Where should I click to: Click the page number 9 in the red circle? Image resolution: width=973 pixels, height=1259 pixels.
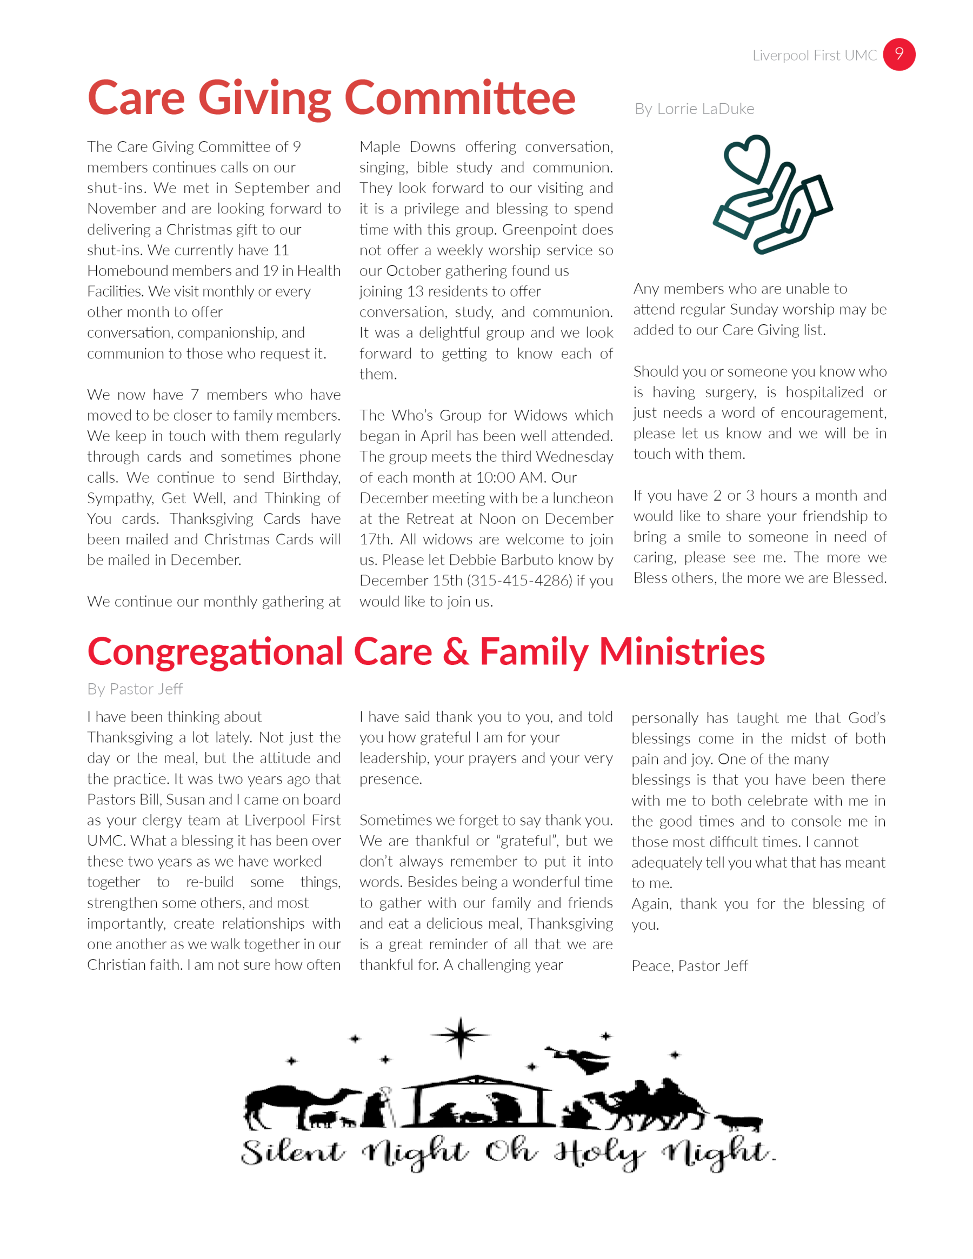[x=898, y=54]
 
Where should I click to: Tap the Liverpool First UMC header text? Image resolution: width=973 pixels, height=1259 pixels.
[x=814, y=55]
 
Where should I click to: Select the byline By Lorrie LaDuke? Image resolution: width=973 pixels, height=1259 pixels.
[x=694, y=109]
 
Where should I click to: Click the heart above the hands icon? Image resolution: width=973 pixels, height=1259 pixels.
[x=747, y=158]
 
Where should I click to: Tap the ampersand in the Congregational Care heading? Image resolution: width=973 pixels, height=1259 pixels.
[x=455, y=652]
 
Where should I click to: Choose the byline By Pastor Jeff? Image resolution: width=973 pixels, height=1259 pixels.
[x=135, y=689]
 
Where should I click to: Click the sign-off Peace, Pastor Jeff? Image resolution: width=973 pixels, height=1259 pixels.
[x=689, y=965]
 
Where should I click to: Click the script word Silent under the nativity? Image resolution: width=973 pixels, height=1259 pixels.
[x=292, y=1152]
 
